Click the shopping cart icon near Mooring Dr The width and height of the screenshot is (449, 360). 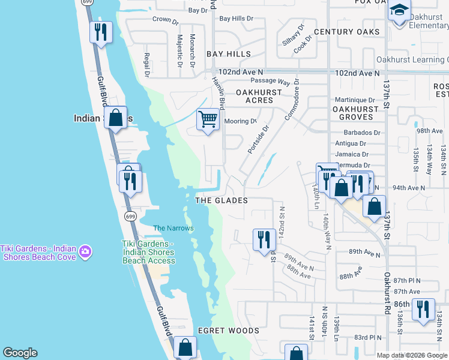click(x=208, y=119)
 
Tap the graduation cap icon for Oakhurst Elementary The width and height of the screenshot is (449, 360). click(x=399, y=10)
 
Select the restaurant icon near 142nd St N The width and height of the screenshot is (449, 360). click(x=264, y=239)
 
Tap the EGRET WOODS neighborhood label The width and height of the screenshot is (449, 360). click(x=229, y=331)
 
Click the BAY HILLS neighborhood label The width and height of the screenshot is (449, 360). click(x=229, y=54)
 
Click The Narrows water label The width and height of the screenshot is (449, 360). click(x=173, y=228)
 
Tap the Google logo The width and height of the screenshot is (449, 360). click(x=20, y=353)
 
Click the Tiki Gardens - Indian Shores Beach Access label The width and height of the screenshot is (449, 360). click(x=146, y=252)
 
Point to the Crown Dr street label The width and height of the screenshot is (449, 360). click(x=166, y=20)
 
